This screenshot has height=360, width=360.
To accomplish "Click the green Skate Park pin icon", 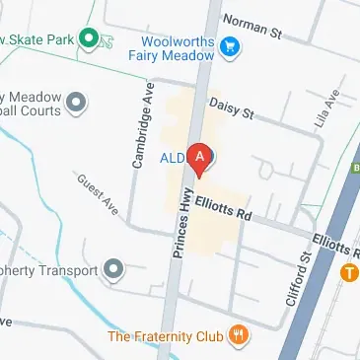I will (x=88, y=39).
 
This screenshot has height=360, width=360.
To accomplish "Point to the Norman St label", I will (x=252, y=26).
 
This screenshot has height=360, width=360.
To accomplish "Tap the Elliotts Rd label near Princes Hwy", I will (x=224, y=209).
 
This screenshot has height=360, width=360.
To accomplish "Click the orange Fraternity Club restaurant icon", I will (x=237, y=336).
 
